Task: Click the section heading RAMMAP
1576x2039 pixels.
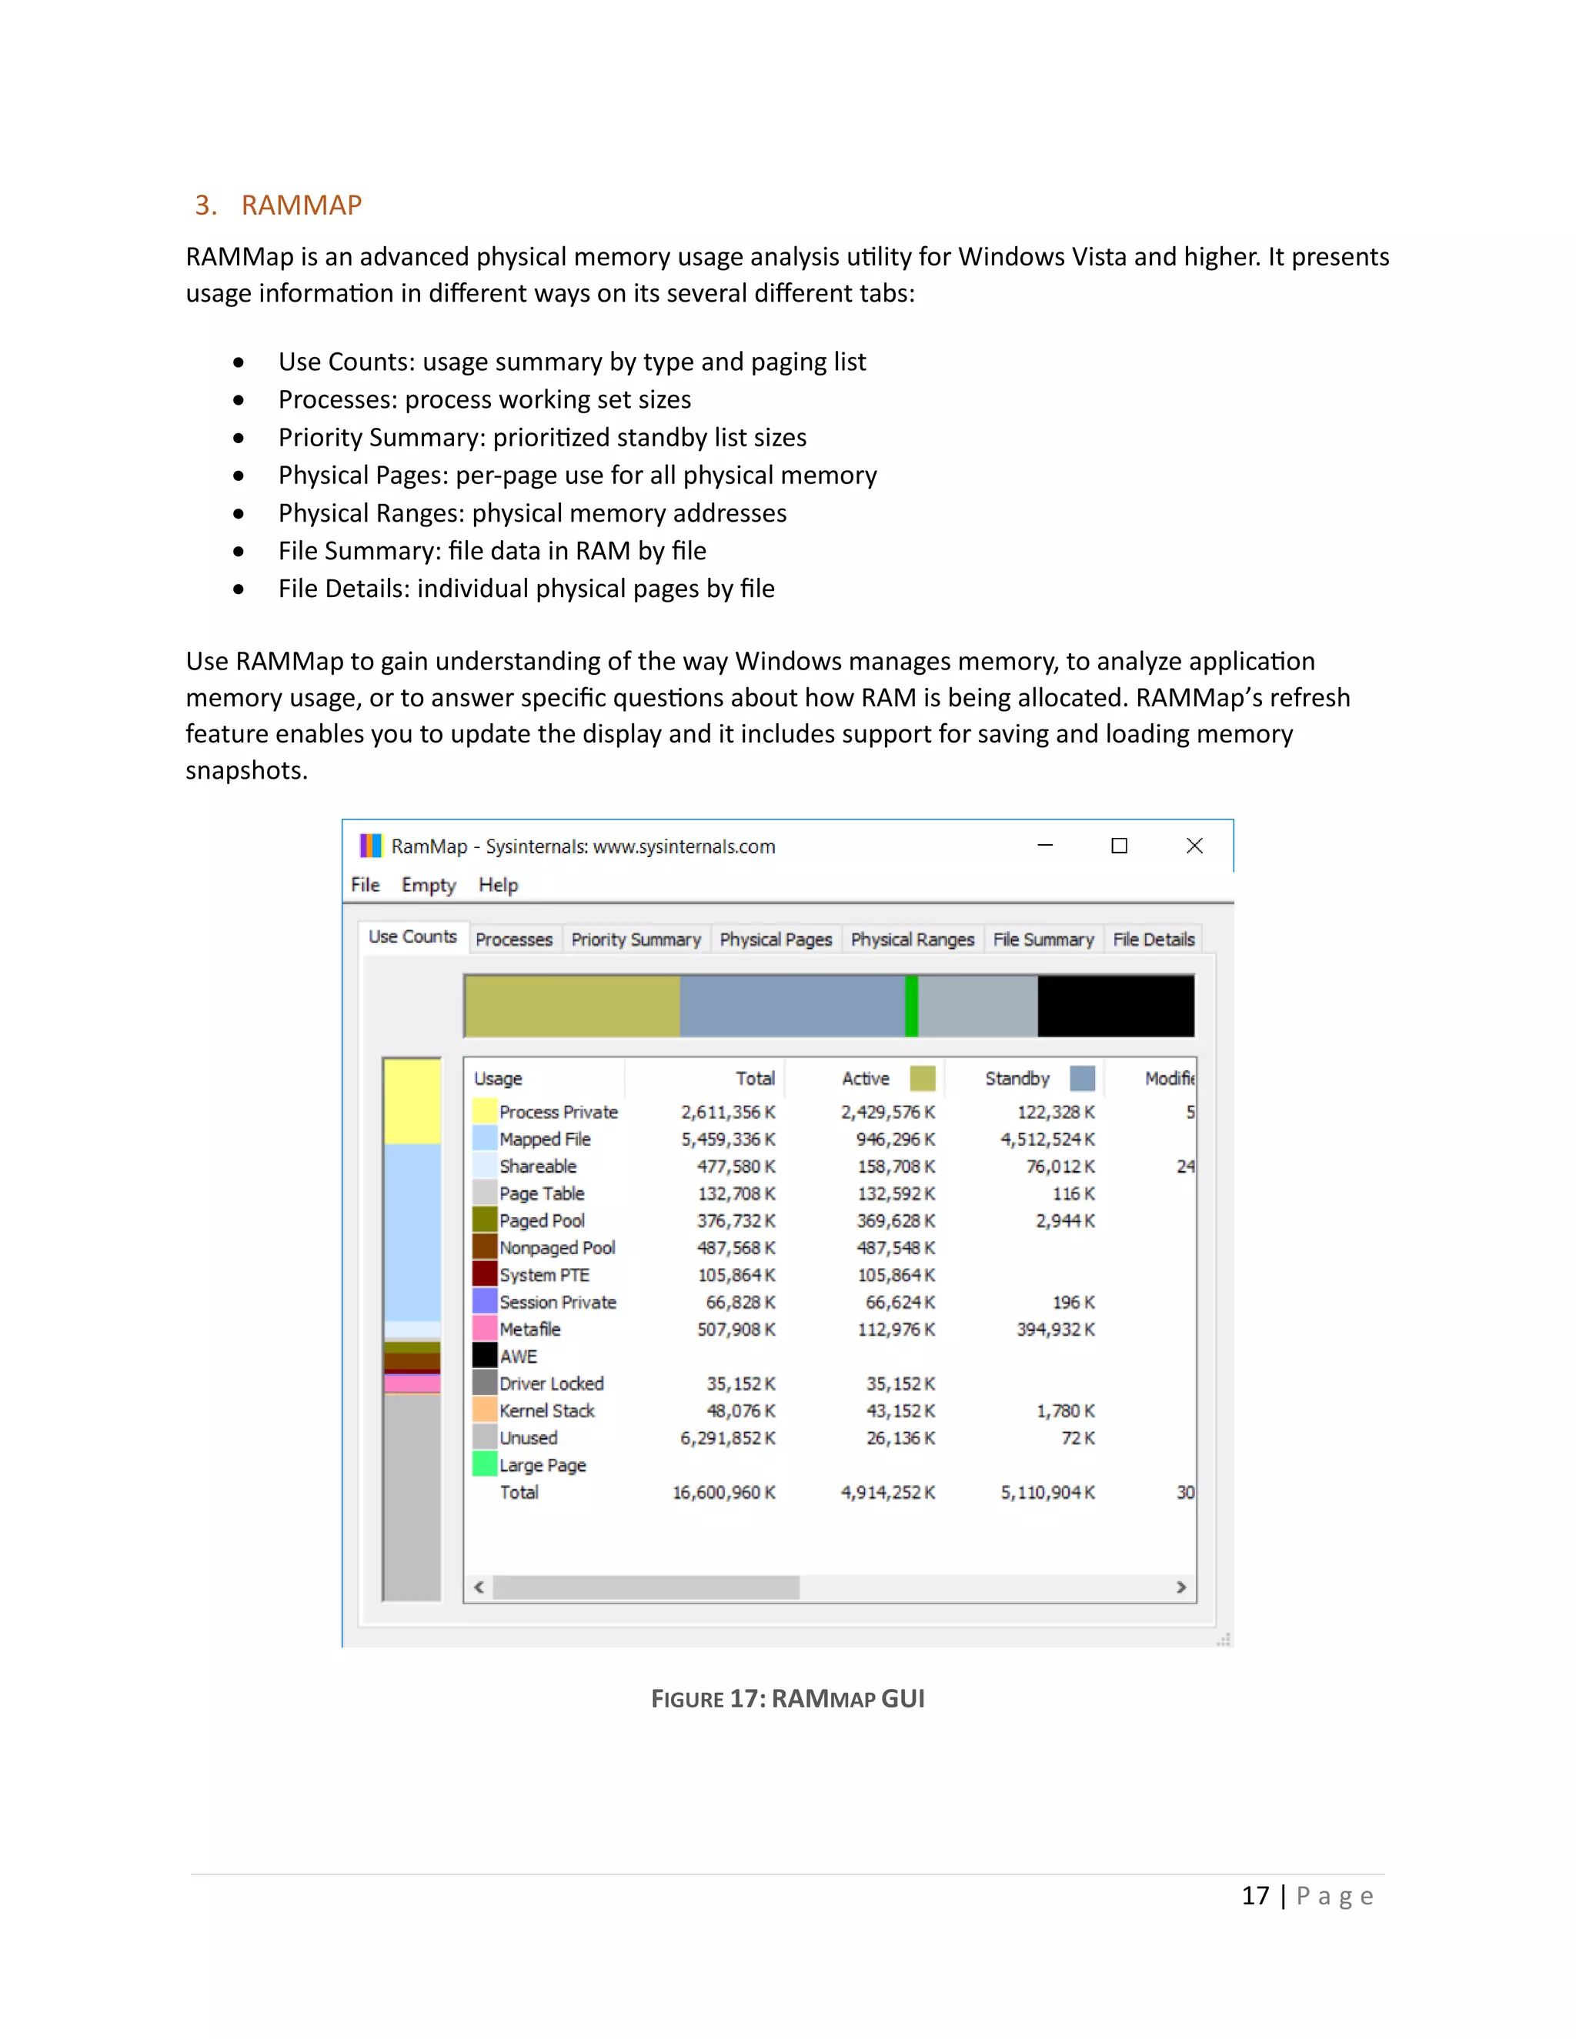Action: tap(301, 205)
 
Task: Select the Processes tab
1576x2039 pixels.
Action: tap(513, 939)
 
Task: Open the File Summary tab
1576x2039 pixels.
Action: tap(1043, 939)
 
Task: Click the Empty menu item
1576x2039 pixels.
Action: tap(429, 884)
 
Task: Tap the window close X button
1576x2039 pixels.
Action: tap(1194, 846)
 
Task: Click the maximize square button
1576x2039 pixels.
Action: tap(1118, 846)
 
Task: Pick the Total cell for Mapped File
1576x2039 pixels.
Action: tap(727, 1139)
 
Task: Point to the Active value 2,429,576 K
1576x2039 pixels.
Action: tap(887, 1112)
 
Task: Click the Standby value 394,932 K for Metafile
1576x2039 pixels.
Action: tap(1055, 1330)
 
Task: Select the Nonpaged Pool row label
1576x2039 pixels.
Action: tap(556, 1248)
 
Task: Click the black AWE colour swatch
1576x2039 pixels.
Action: tap(485, 1355)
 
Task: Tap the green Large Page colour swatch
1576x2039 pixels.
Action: tap(485, 1464)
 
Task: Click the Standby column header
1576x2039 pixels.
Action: tap(1017, 1078)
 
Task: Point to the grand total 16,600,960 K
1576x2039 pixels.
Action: tap(723, 1492)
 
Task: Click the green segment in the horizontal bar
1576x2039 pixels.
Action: tap(911, 1006)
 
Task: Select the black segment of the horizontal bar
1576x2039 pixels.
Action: tap(1115, 1006)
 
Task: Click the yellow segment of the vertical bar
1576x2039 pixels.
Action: tap(412, 1102)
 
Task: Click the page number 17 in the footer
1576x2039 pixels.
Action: tap(1255, 1896)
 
